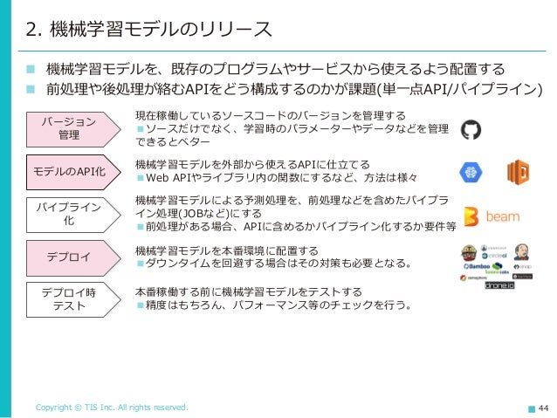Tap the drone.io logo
coord(500,284)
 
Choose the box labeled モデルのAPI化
coord(70,171)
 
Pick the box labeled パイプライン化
coord(70,214)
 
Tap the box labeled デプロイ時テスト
coord(70,298)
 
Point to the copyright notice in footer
coord(110,408)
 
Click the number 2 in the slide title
coord(31,30)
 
